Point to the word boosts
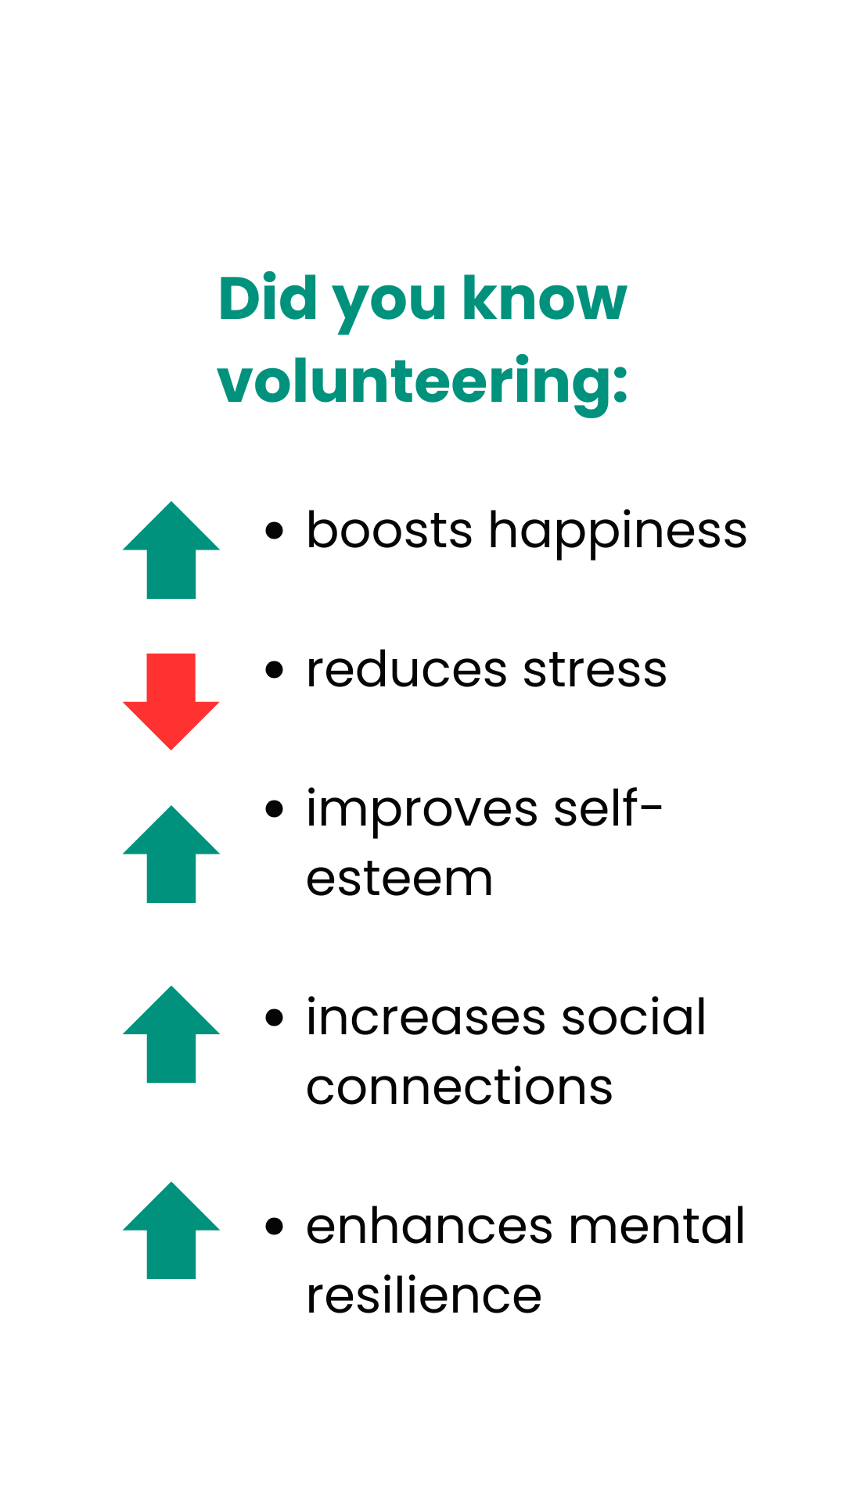(x=389, y=531)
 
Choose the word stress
(x=595, y=670)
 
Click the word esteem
(x=399, y=879)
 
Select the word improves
(x=422, y=810)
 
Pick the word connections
(x=459, y=1087)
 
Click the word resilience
(x=423, y=1296)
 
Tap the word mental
(x=656, y=1226)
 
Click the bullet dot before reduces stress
(x=274, y=670)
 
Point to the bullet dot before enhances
(x=274, y=1226)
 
